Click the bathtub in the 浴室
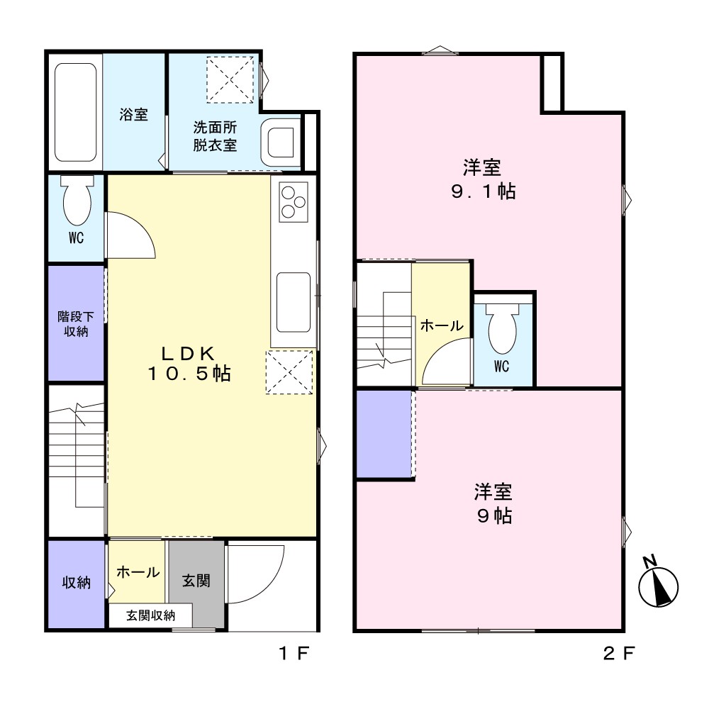pos(76,112)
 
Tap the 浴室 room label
pos(134,114)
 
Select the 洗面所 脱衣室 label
pos(216,136)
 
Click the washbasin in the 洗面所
pos(280,142)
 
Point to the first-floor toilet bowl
pos(77,201)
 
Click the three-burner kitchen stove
pos(294,202)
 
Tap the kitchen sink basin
pos(294,302)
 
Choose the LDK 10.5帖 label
pos(189,364)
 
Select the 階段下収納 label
pos(76,324)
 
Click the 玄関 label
pos(196,581)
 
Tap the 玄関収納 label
pos(150,615)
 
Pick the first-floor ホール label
pos(138,572)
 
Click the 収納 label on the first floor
pos(77,582)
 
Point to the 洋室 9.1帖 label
pos(483,179)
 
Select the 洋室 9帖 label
pos(493,503)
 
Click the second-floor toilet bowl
pos(503,328)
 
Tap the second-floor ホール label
pos(442,325)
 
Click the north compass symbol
pos(658,584)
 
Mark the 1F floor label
pos(294,653)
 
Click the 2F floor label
pos(619,653)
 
